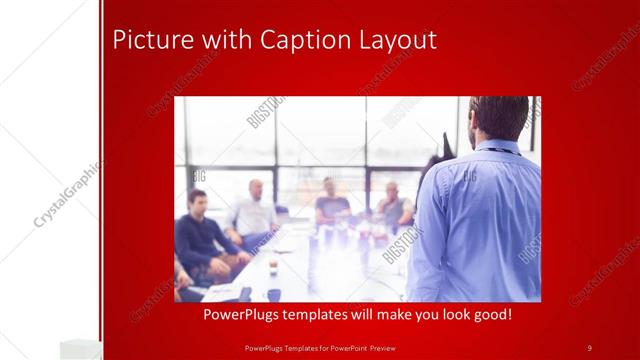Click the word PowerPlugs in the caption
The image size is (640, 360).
tap(244, 314)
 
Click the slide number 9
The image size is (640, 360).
tap(589, 347)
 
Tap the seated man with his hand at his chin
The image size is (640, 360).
tap(393, 205)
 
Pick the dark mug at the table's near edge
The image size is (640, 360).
tap(274, 295)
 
